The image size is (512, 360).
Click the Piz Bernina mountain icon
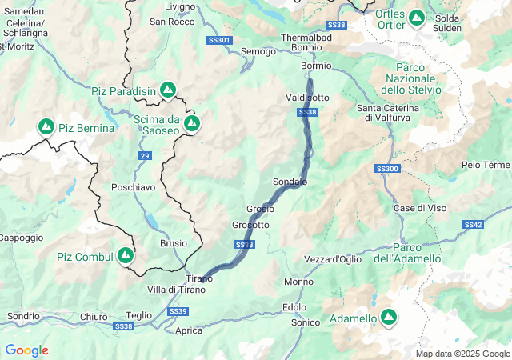tap(46, 127)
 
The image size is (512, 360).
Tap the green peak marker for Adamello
tap(389, 318)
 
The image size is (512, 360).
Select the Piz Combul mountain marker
tap(125, 256)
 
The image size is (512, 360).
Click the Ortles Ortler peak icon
tap(416, 17)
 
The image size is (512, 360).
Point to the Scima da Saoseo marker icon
tap(191, 123)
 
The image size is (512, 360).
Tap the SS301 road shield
tap(218, 40)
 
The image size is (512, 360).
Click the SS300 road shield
tap(386, 169)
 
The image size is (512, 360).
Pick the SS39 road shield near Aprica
tap(178, 310)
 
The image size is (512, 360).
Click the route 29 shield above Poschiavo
tap(144, 155)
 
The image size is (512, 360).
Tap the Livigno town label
tap(179, 6)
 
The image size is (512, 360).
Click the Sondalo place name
tap(290, 182)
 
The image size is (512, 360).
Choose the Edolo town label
tap(294, 307)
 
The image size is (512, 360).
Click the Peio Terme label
tap(486, 165)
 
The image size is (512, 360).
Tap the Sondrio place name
tap(22, 316)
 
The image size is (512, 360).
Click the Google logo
tap(26, 350)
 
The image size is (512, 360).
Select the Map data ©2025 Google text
tap(462, 354)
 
